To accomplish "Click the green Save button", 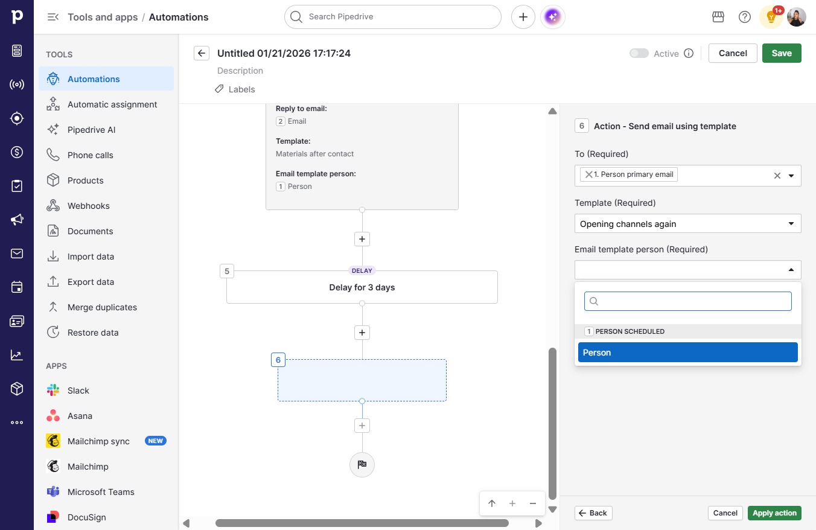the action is pos(782,53).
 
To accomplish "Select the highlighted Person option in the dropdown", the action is pos(687,353).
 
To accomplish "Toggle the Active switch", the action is pos(639,53).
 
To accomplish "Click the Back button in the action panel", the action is pos(593,513).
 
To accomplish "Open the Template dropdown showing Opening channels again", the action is pos(687,224).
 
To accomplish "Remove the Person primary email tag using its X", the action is pos(588,174).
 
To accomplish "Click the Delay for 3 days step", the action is pos(362,287).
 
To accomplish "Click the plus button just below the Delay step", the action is pos(362,333).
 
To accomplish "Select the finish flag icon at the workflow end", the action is pos(362,464).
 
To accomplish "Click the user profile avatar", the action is pos(796,17).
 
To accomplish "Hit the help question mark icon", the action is pos(744,17).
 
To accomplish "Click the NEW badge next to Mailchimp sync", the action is pos(156,441).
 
